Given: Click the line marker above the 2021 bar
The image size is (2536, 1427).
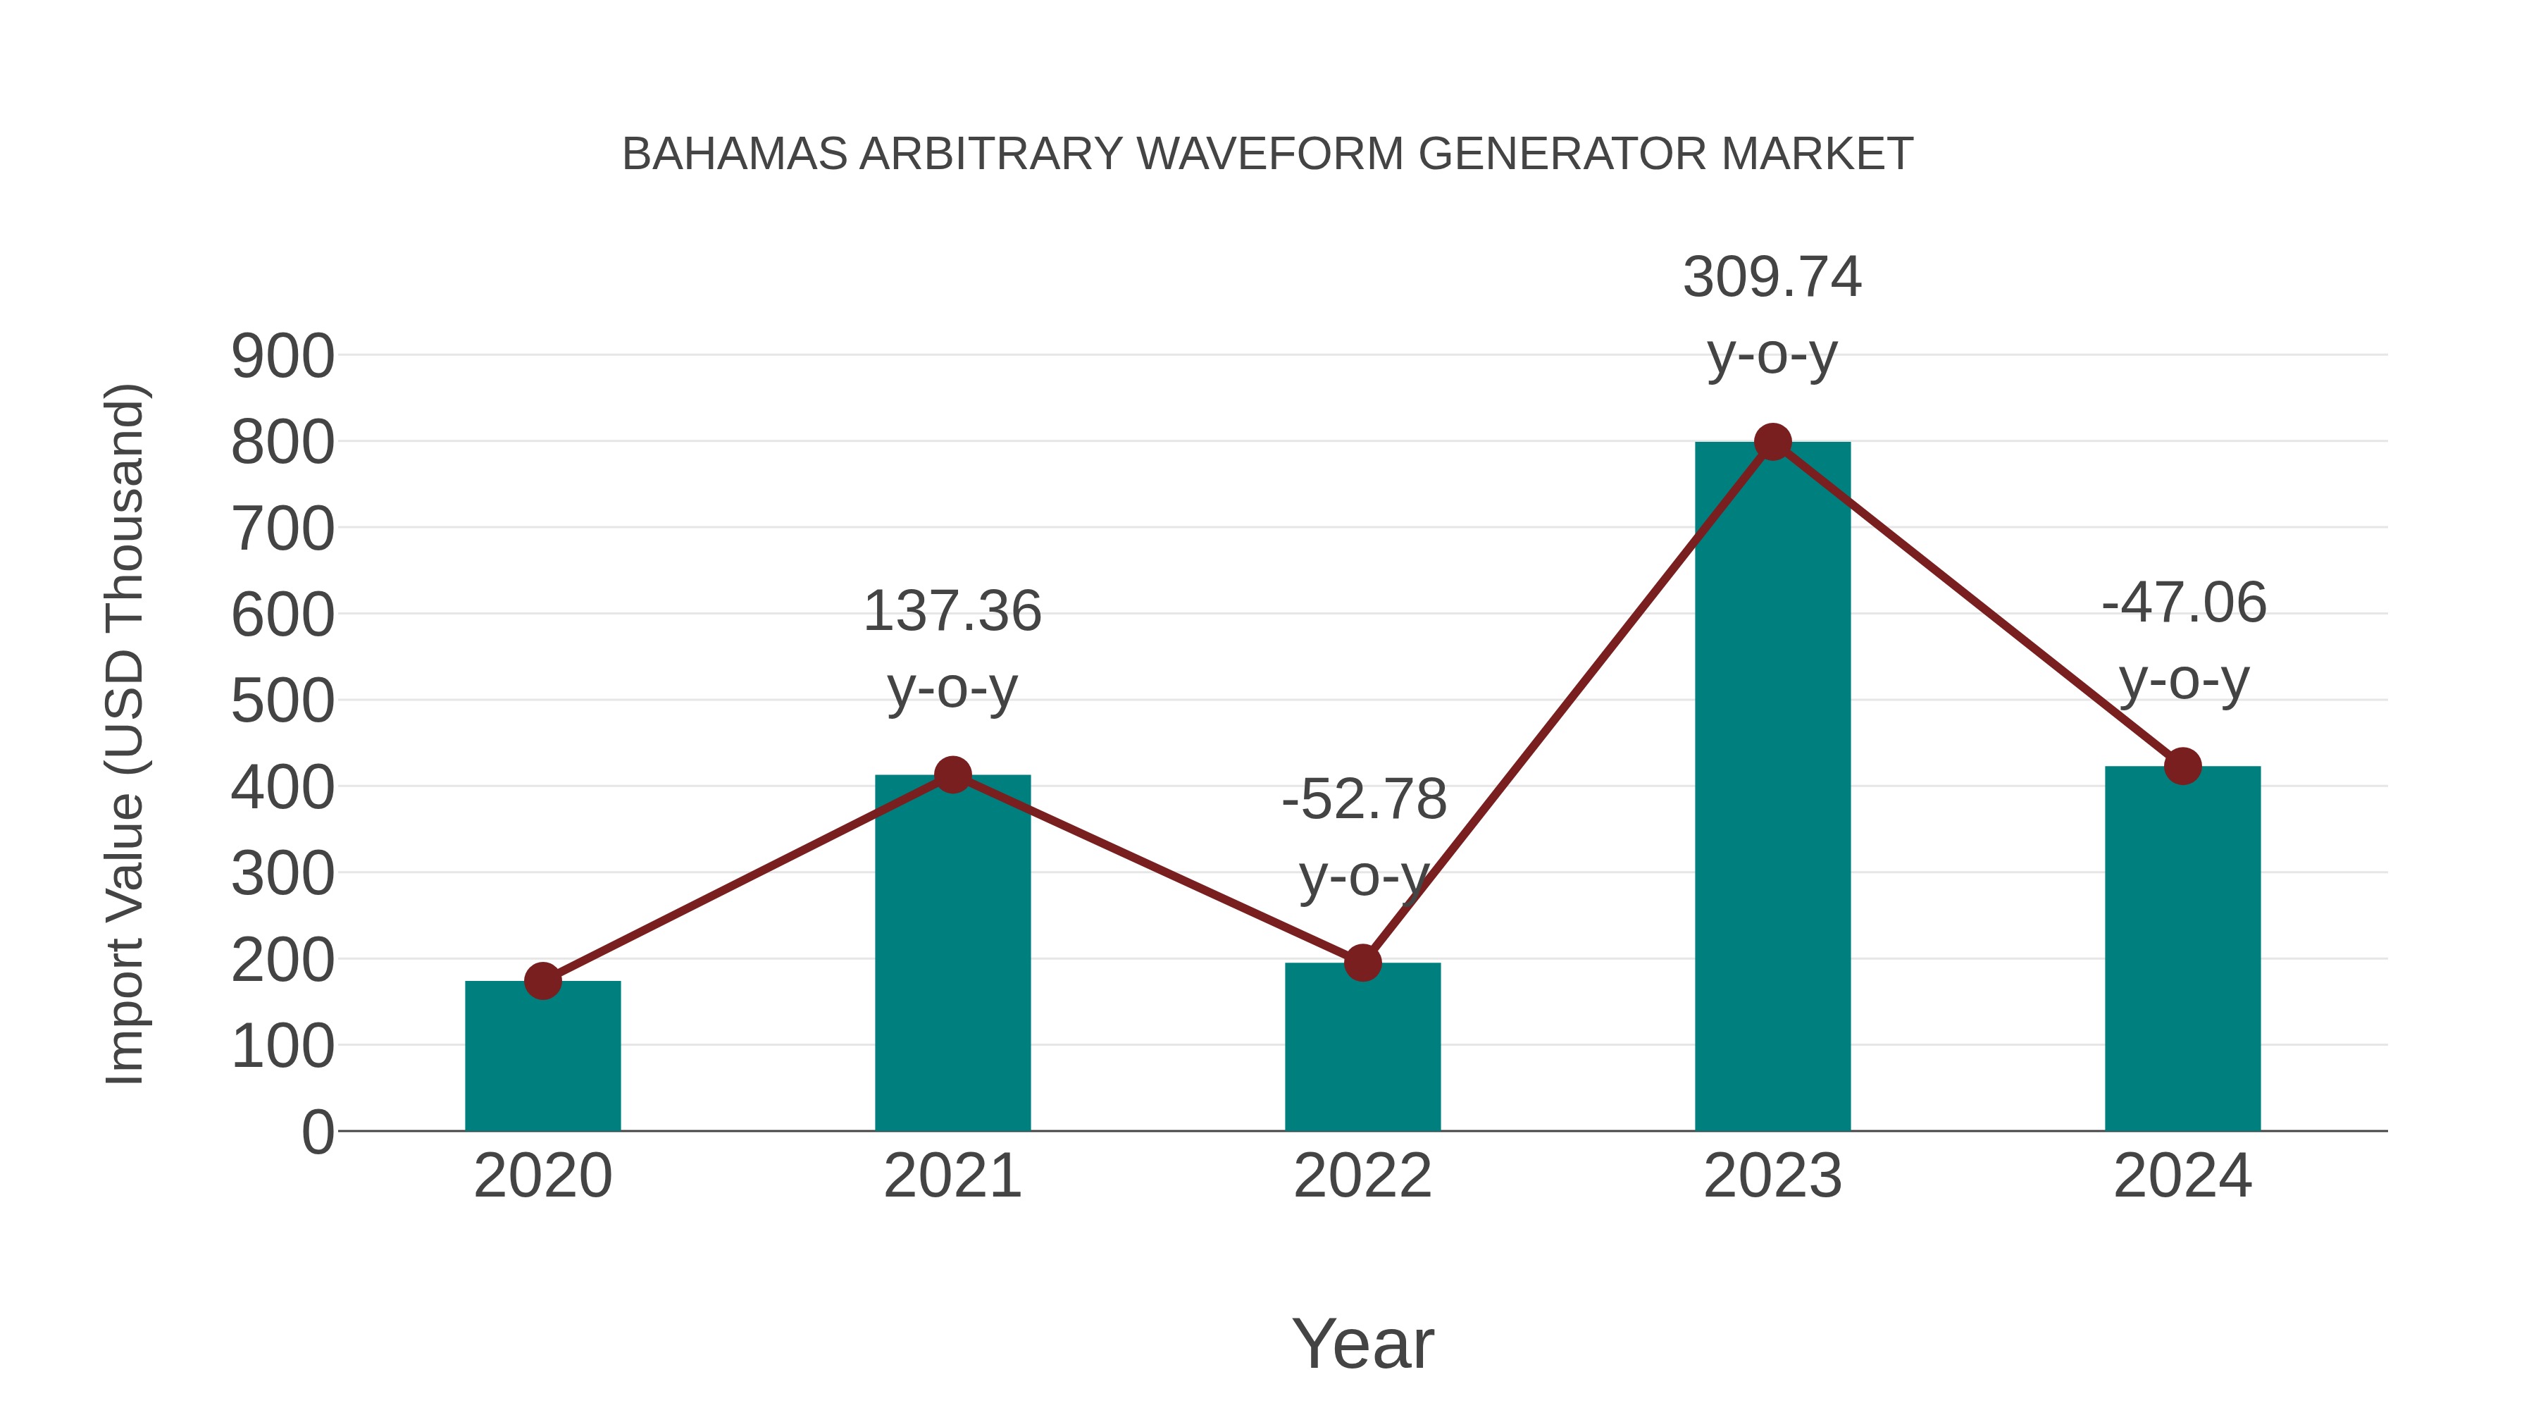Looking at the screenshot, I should coord(952,775).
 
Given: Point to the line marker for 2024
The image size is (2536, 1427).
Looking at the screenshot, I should coord(2182,765).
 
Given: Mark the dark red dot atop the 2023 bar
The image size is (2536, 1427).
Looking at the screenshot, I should coord(1772,442).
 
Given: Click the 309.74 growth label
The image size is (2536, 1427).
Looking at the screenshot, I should coord(1772,277).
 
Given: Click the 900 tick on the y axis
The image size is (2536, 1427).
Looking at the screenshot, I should coord(282,357).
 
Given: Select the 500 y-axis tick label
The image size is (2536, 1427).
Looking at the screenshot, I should coord(282,701).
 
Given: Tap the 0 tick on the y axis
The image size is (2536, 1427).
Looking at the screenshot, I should coord(317,1132).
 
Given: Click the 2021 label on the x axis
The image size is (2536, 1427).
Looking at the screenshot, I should coord(952,1176).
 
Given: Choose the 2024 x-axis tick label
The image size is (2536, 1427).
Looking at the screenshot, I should coord(2182,1176).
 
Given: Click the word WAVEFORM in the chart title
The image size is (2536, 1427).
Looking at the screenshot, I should coord(1270,154).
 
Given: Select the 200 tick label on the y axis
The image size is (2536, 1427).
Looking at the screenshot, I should coord(282,960).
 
